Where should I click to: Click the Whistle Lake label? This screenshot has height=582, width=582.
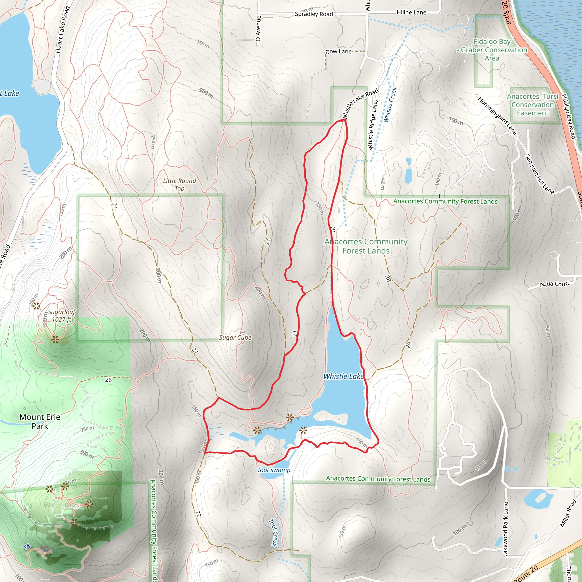point(343,376)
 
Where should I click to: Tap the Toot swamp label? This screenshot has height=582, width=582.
point(274,470)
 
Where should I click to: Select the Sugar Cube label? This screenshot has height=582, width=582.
point(235,337)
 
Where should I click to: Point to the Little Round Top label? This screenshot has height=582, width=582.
point(180,184)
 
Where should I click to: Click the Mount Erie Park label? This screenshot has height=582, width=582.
point(40,421)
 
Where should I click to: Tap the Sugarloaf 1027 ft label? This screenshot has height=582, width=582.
point(61,315)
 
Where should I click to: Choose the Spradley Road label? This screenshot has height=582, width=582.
point(314,14)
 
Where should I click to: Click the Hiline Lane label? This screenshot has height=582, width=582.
point(411,12)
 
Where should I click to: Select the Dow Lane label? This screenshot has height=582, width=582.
point(338,51)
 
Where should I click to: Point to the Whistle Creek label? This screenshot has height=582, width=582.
point(390,105)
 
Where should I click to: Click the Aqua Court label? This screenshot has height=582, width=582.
point(554,284)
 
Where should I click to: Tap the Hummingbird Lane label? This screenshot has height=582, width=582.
point(497,115)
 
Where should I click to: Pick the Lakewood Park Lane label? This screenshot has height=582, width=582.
point(506,529)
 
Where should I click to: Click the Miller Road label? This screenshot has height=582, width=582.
point(568,513)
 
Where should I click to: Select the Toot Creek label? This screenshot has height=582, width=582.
point(273,532)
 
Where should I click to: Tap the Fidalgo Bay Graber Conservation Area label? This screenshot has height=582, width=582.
point(492,50)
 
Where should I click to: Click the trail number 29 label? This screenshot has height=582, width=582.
point(408,345)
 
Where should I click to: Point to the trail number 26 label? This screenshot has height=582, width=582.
point(109,380)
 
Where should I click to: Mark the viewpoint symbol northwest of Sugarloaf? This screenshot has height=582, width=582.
point(36,306)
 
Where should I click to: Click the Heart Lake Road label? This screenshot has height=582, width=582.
point(63,30)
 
